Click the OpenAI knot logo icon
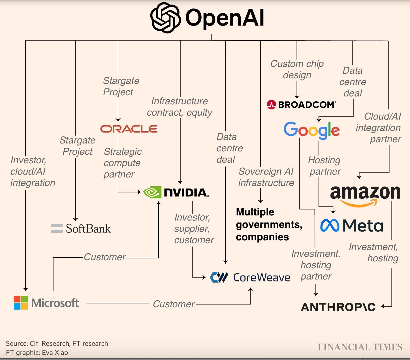[x=165, y=18]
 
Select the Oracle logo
[x=129, y=129]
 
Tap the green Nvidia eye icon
[x=152, y=192]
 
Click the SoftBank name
[x=88, y=228]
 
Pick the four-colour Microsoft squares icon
[x=21, y=303]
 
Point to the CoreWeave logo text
[x=262, y=278]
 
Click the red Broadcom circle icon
[x=271, y=105]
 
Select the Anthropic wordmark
[x=338, y=307]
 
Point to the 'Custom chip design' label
[x=297, y=69]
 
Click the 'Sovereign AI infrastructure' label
[x=266, y=177]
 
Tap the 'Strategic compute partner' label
[x=122, y=163]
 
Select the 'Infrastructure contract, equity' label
[x=180, y=107]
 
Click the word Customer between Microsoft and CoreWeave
[x=174, y=304]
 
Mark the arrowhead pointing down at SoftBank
[x=75, y=219]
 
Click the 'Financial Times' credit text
[x=360, y=347]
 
